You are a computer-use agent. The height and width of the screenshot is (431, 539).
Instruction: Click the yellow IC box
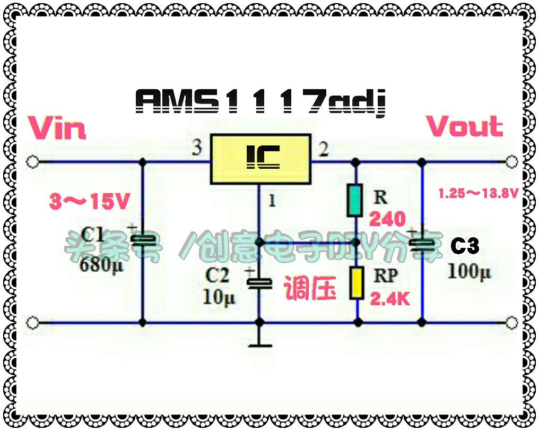(260, 159)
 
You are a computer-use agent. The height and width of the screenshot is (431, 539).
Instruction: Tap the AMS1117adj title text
(260, 102)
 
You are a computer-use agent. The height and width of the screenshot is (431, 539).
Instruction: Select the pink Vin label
(57, 127)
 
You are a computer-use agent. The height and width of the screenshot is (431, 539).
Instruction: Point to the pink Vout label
(464, 126)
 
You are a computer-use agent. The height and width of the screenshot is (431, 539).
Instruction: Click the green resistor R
(355, 201)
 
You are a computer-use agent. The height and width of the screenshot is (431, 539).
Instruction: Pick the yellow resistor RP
(357, 283)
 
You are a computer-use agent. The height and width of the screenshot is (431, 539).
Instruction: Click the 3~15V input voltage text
(89, 201)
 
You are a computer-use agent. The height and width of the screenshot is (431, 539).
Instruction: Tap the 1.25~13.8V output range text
(478, 193)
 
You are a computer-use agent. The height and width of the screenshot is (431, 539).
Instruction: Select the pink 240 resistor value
(387, 219)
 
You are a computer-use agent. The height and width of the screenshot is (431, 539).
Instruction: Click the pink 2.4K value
(390, 299)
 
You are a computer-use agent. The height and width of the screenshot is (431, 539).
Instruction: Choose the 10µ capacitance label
(219, 297)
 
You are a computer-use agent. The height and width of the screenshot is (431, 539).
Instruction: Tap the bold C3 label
(465, 246)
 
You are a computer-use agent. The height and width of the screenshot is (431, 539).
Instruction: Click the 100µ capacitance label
(469, 271)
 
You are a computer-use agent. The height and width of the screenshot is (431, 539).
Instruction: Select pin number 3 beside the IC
(197, 148)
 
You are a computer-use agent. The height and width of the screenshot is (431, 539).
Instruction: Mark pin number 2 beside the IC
(323, 149)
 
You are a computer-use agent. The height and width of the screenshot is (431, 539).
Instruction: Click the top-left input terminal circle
(33, 162)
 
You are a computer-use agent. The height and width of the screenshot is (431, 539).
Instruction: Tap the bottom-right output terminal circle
(512, 323)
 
